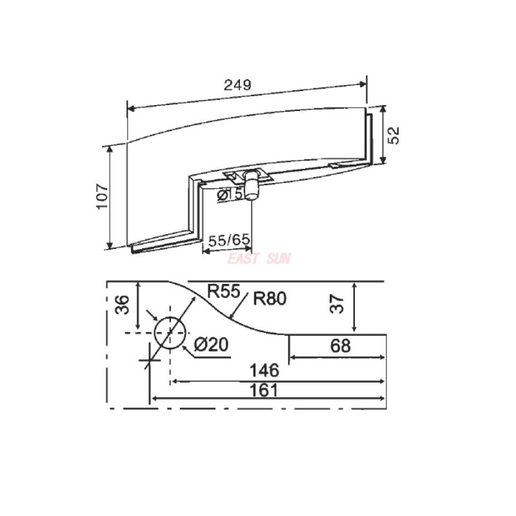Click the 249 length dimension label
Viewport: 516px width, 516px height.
click(237, 85)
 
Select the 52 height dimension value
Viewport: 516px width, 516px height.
click(394, 134)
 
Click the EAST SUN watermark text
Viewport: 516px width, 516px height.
click(259, 259)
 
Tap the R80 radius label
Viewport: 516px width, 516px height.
click(270, 298)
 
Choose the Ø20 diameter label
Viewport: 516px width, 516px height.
click(211, 345)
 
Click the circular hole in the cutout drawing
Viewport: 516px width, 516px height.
click(170, 333)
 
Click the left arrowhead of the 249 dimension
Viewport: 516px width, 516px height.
click(129, 108)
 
